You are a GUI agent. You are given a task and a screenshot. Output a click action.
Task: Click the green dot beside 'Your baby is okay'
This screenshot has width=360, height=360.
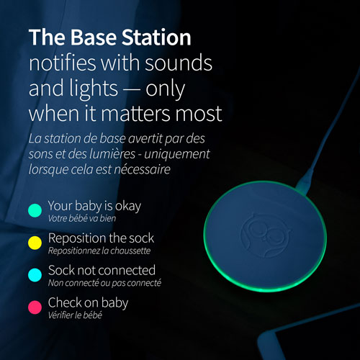tap(35, 210)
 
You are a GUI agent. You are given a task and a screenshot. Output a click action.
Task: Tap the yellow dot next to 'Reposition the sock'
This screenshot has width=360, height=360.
tap(35, 243)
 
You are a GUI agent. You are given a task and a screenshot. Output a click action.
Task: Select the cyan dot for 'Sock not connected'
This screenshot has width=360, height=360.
tap(35, 275)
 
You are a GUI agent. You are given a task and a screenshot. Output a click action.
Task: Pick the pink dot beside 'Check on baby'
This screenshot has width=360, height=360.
tap(35, 307)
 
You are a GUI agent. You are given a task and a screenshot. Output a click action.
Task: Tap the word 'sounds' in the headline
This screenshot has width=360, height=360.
tap(179, 63)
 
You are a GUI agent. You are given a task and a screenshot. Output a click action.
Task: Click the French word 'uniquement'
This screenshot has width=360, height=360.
tap(177, 154)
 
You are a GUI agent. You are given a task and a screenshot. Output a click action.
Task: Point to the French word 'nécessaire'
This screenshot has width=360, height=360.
tap(142, 169)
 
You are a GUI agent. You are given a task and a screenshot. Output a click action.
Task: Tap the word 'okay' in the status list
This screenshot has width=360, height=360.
tap(128, 207)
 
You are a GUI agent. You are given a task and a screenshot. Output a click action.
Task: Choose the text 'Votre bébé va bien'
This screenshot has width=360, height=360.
tap(82, 218)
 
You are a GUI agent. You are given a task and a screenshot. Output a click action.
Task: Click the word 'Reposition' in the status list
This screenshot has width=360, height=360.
tap(77, 238)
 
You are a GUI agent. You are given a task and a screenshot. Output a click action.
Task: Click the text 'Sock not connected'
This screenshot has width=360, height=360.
tap(102, 270)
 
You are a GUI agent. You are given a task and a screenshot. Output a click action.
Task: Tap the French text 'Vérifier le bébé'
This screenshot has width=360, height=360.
tap(75, 315)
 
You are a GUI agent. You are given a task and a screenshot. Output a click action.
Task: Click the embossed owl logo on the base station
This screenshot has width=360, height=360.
tap(266, 235)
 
